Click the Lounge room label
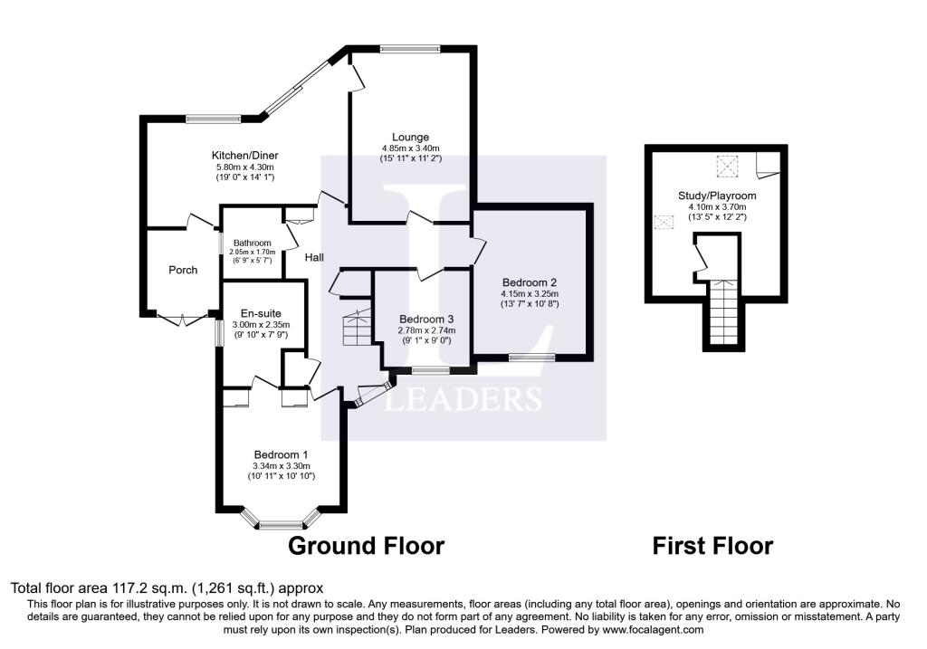click(410, 137)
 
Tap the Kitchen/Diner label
click(244, 156)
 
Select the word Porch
click(183, 270)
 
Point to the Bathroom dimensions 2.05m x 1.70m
click(253, 252)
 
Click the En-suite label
click(261, 314)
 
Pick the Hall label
click(314, 257)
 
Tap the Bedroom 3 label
click(426, 320)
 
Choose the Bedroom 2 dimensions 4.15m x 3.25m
click(530, 294)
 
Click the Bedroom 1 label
click(281, 454)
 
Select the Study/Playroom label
click(717, 196)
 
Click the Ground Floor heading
click(366, 546)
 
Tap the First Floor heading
click(712, 546)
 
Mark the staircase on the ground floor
click(357, 328)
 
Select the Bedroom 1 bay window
click(282, 520)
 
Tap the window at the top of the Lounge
click(410, 50)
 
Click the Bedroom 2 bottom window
click(532, 357)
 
